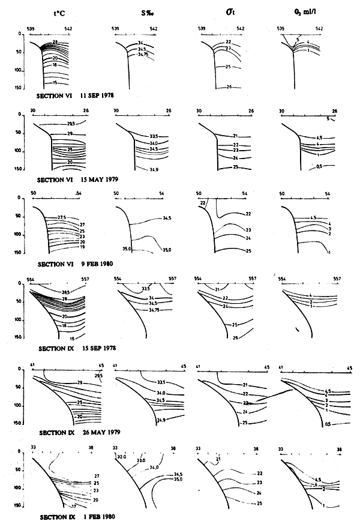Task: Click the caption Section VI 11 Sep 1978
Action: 76,95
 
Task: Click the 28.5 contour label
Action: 65,291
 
